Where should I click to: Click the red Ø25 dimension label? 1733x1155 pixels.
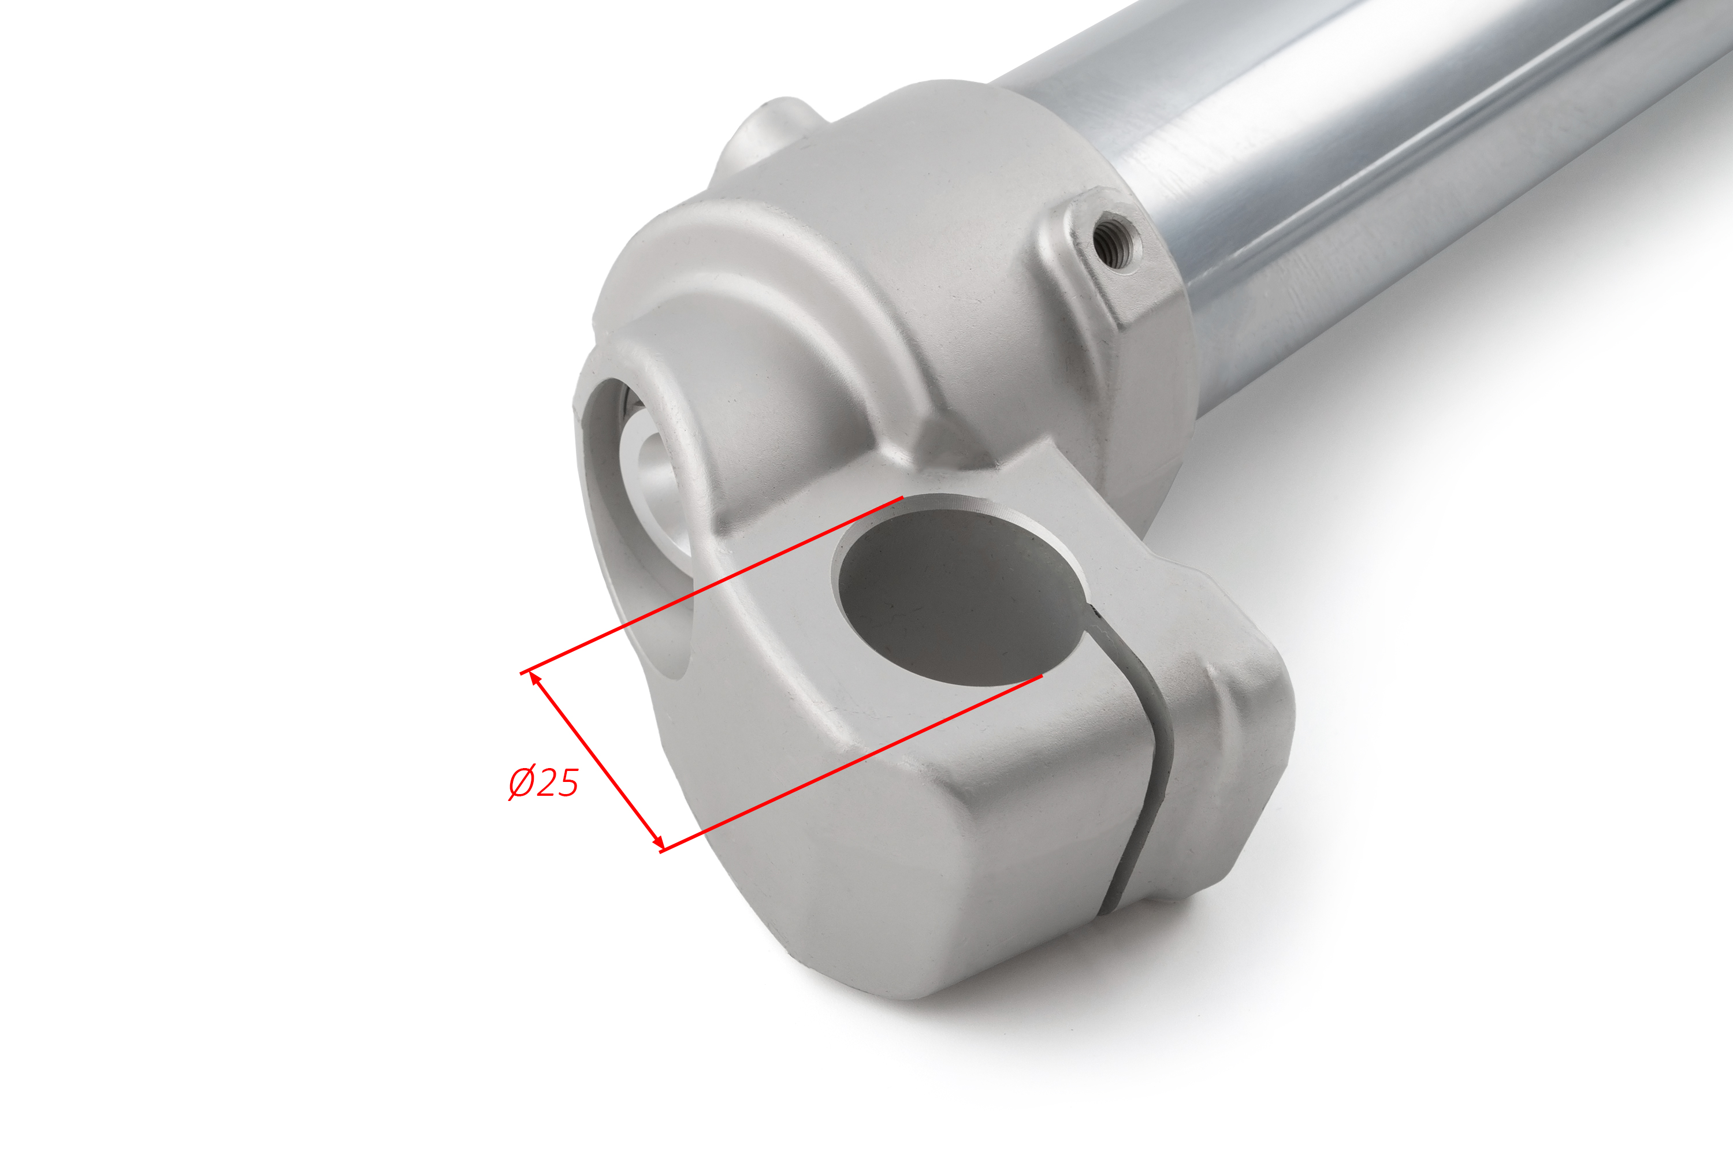(x=544, y=783)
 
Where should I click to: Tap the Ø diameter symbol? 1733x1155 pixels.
(x=521, y=783)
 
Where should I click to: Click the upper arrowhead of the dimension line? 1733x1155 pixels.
(x=535, y=679)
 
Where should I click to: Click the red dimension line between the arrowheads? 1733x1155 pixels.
(x=596, y=761)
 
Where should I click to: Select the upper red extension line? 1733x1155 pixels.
(x=711, y=585)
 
